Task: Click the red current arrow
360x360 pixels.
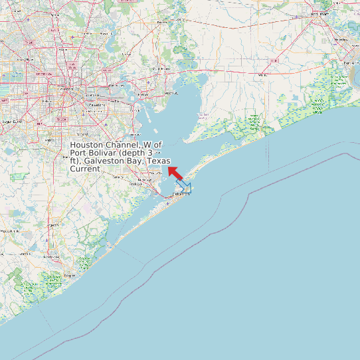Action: pos(176,173)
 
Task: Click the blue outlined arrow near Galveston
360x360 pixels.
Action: pos(184,187)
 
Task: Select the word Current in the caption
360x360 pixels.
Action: pos(85,169)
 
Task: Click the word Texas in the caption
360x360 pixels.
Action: pos(158,161)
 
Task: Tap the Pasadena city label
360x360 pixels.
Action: pos(98,105)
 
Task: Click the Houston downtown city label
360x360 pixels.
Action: pos(64,88)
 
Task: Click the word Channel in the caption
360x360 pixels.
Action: pos(121,145)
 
